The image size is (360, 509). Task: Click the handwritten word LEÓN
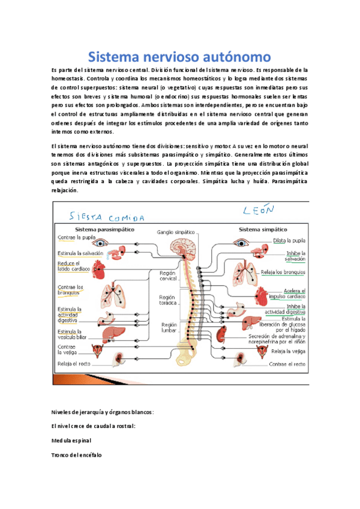(x=259, y=211)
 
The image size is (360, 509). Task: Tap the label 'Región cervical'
(x=167, y=276)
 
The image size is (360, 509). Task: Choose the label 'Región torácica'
(x=167, y=301)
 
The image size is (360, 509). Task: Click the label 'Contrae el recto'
(x=287, y=364)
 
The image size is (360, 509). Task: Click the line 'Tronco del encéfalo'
(x=77, y=455)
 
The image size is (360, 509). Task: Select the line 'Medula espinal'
(x=71, y=440)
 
